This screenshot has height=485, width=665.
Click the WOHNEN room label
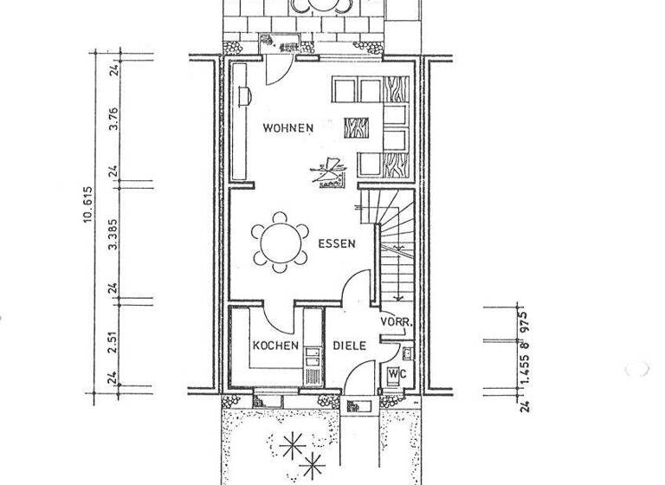288,127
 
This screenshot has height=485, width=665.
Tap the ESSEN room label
336,244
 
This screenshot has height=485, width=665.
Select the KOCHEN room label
274,346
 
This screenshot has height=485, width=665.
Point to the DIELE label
350,346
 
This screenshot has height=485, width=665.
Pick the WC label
395,373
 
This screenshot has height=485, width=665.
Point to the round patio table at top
321,6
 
